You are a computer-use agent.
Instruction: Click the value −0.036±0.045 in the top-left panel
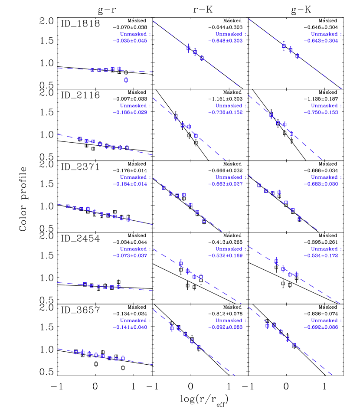click(130, 41)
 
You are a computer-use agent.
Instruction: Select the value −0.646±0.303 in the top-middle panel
click(225, 41)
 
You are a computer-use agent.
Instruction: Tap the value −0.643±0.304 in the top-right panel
click(321, 41)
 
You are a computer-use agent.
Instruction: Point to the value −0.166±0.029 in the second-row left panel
click(130, 113)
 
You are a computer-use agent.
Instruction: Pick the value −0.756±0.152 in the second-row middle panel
click(225, 113)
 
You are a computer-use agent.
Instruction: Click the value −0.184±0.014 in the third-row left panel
click(130, 184)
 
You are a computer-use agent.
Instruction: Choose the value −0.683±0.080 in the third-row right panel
click(321, 184)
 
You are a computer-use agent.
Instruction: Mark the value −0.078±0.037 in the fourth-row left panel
click(130, 256)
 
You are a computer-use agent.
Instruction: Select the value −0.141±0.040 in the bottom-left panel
click(130, 327)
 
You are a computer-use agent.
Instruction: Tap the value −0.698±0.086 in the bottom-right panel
click(321, 327)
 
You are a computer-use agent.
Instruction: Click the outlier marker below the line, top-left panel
click(126, 80)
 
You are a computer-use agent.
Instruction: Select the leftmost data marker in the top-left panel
click(92, 70)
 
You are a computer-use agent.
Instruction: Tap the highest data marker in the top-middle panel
click(188, 48)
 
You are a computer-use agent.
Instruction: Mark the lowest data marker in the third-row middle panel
click(204, 221)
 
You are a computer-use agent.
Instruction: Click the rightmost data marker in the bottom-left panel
click(123, 358)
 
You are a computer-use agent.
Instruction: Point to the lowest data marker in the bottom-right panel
click(294, 345)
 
